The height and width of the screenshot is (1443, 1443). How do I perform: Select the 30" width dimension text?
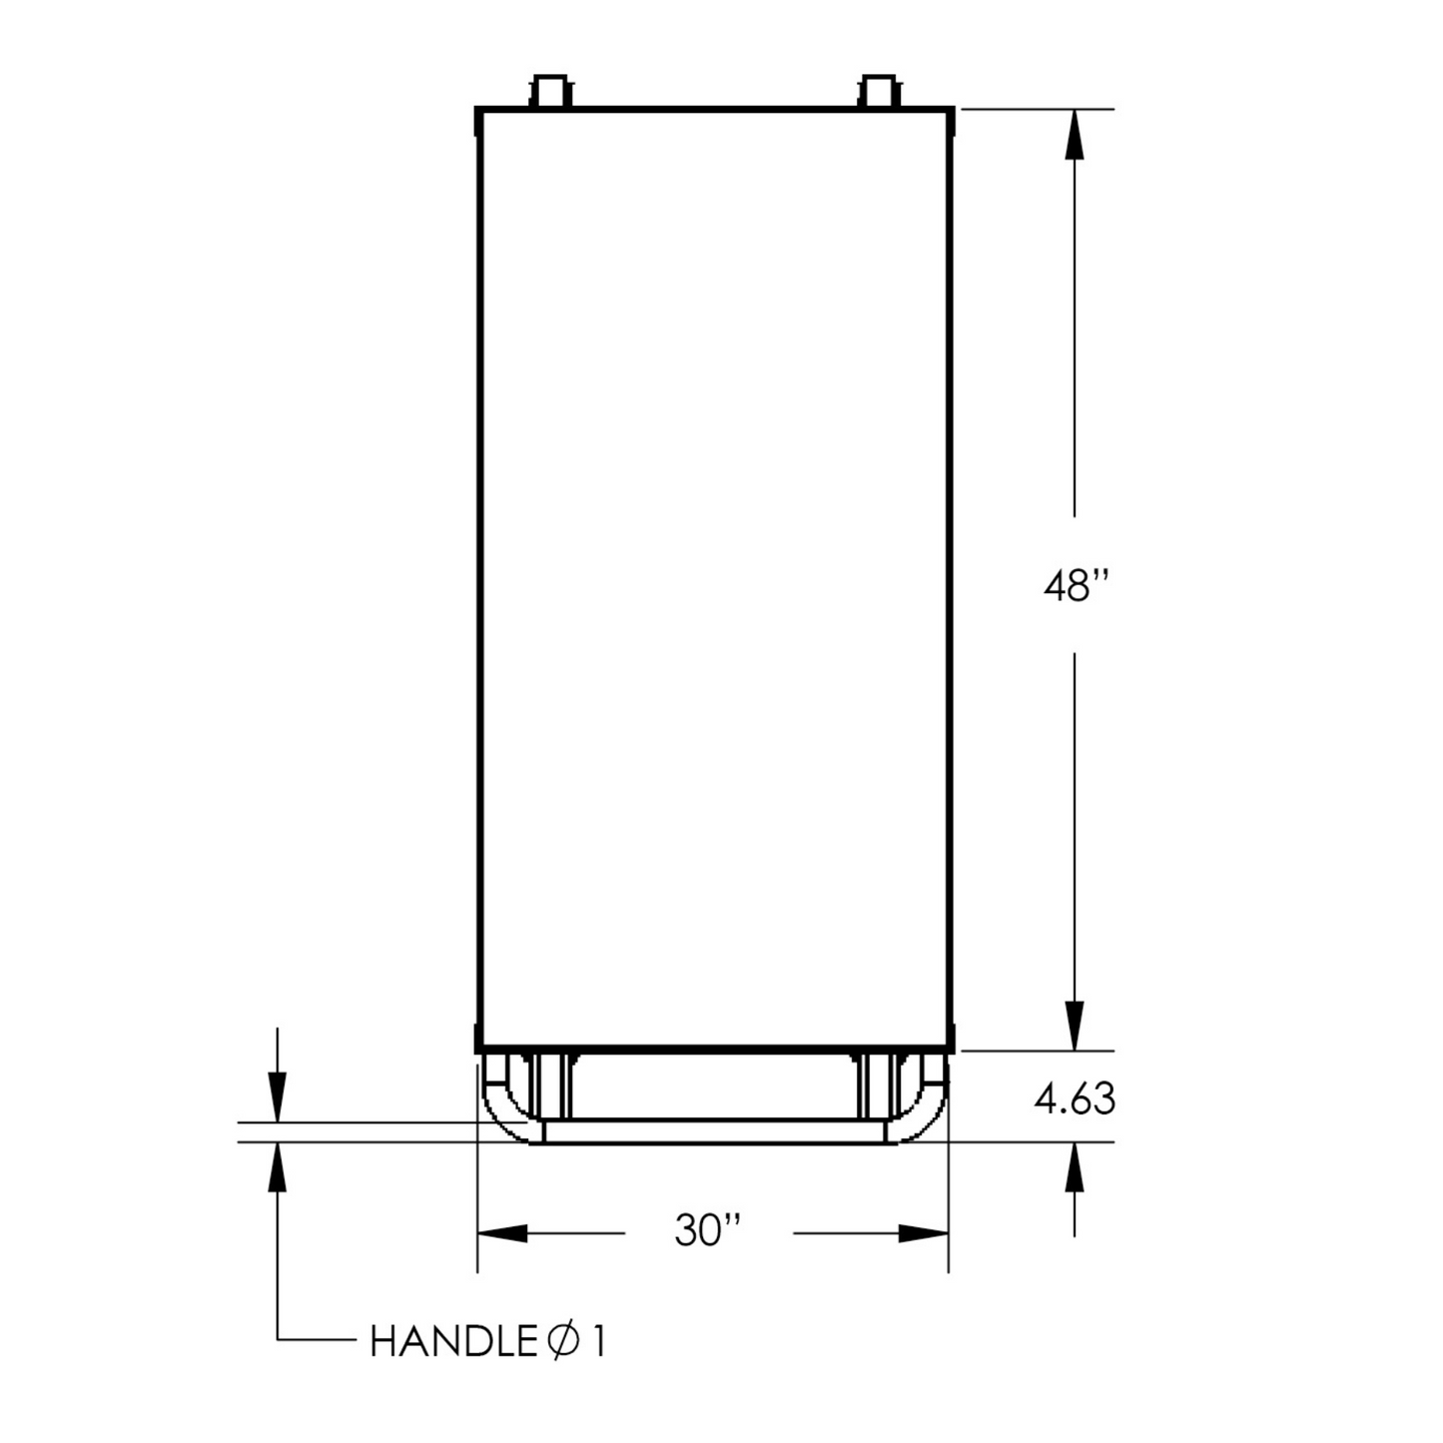click(708, 1230)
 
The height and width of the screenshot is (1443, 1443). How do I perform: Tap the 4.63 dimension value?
click(1075, 1098)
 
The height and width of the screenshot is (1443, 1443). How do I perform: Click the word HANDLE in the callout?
click(453, 1342)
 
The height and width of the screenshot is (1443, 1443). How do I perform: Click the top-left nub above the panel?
click(550, 91)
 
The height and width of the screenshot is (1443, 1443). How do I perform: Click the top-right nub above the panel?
click(879, 91)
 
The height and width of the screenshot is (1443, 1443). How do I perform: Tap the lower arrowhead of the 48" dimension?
click(1075, 1026)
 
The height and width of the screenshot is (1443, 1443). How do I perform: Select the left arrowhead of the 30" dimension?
click(502, 1232)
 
